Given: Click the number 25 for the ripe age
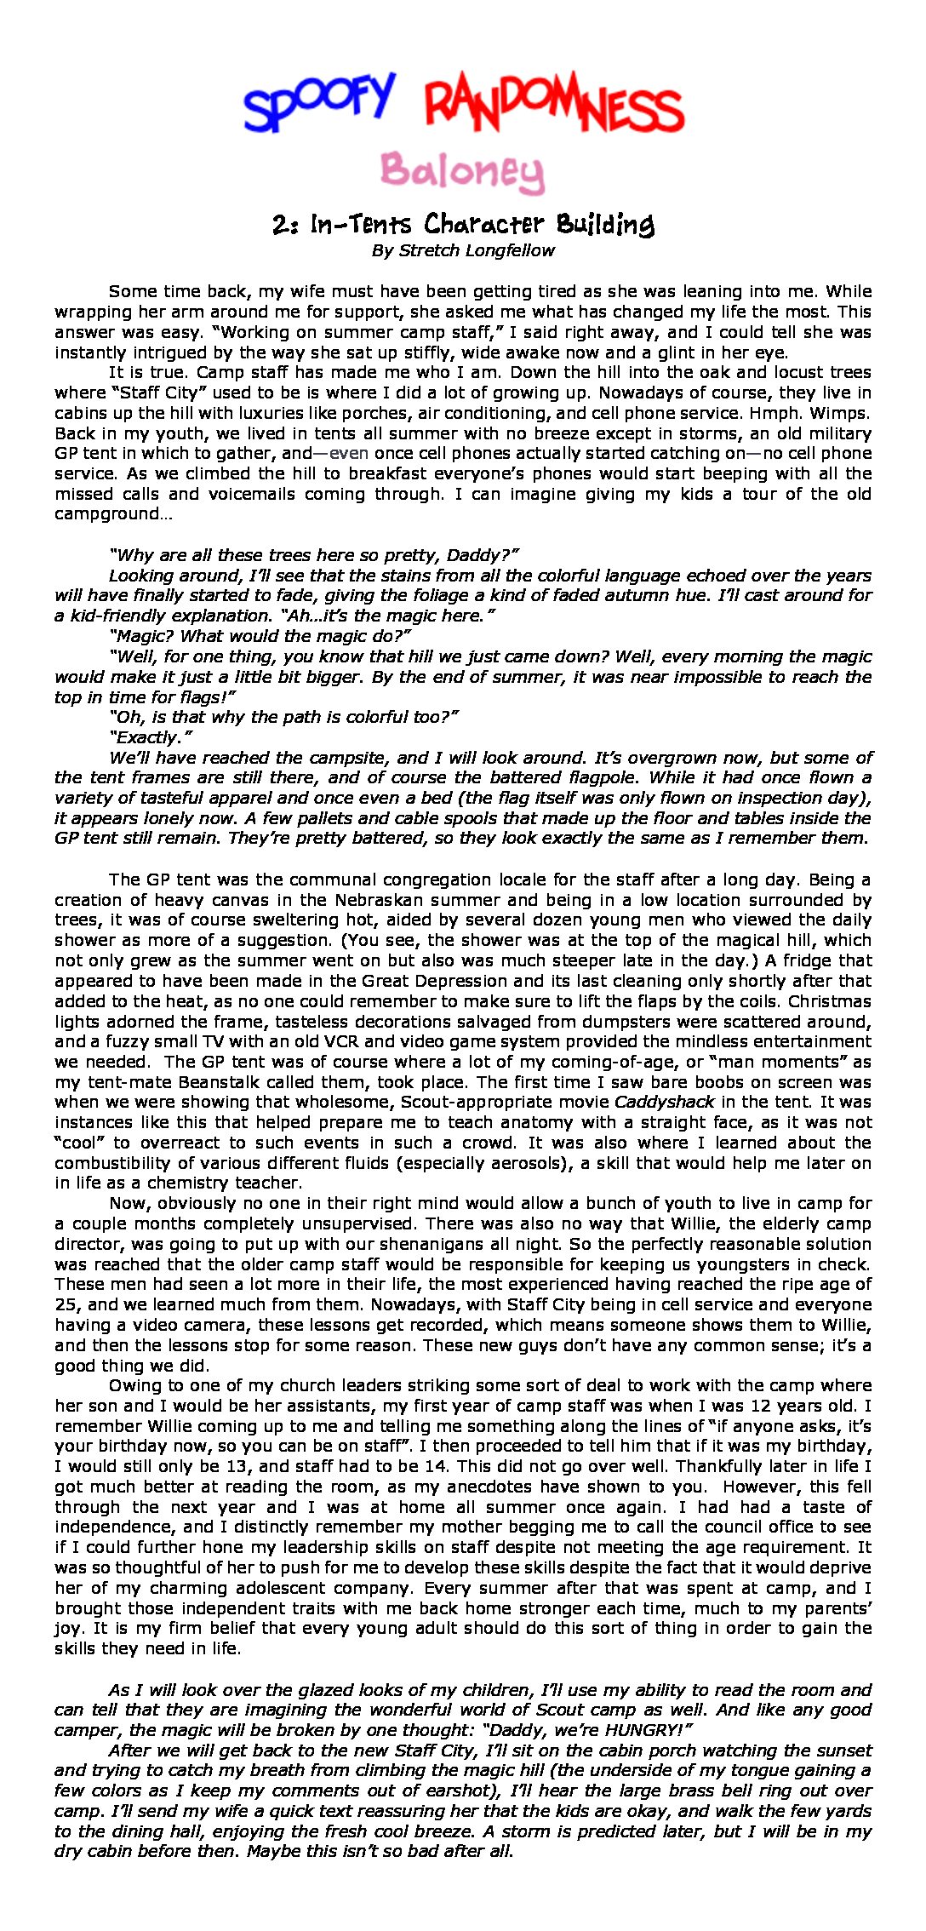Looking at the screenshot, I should coord(66,1304).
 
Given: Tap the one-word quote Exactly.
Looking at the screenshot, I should coord(151,737).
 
